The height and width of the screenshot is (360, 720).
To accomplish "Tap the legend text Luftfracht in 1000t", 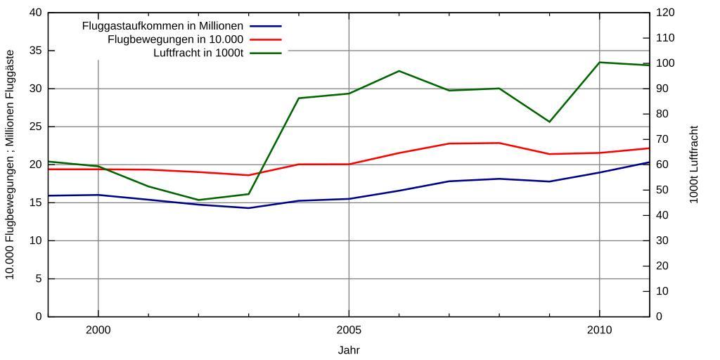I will (x=198, y=53).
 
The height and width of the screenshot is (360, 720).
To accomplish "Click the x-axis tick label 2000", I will (x=98, y=330).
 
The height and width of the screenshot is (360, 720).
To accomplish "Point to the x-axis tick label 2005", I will (x=349, y=330).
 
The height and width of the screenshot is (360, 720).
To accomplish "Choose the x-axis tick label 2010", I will (x=599, y=330).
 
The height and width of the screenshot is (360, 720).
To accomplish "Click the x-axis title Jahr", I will (x=349, y=349).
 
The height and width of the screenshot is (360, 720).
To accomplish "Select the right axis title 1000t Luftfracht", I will (x=694, y=165).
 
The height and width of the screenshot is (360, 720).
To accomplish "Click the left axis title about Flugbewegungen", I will (x=10, y=165).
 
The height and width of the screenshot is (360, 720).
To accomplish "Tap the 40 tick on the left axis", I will (x=35, y=13).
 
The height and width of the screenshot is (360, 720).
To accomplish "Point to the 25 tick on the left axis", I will (x=35, y=127).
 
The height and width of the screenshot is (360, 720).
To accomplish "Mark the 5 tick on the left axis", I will (x=38, y=278).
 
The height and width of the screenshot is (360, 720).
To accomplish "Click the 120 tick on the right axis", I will (x=665, y=13).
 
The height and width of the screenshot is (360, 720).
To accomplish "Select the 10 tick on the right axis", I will (x=662, y=291).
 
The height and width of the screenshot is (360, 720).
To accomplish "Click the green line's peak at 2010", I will (x=599, y=63).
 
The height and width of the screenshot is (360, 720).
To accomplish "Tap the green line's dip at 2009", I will (x=549, y=122).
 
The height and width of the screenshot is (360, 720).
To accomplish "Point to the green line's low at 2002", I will (x=198, y=200).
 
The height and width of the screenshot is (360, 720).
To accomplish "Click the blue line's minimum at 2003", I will (x=248, y=208).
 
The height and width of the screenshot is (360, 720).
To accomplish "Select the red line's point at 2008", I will (x=499, y=143).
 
